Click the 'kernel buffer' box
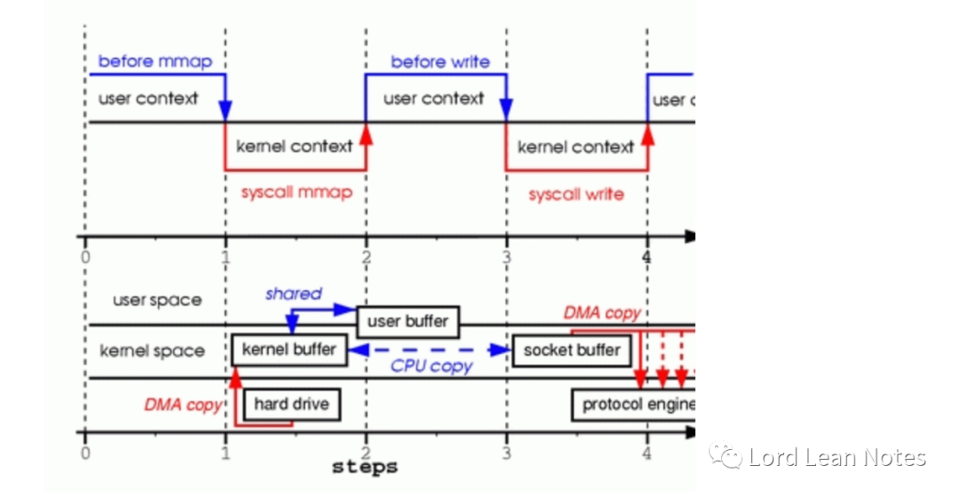coord(289,350)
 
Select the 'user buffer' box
coord(407,321)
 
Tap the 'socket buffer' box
coord(571,350)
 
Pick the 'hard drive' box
coord(291,405)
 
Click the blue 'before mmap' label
coord(155,61)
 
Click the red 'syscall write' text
coord(576,193)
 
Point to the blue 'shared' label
coord(293,293)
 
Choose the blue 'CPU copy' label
coord(432,366)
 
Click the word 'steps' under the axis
coord(365,466)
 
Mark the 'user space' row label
coord(157,300)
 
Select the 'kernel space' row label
coord(152,351)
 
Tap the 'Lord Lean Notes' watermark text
coord(836,458)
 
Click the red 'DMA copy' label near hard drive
coord(184,405)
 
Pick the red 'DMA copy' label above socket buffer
coord(601,312)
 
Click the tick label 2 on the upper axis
coord(365,256)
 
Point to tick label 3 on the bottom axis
coord(506,454)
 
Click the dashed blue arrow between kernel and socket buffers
coord(429,351)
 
